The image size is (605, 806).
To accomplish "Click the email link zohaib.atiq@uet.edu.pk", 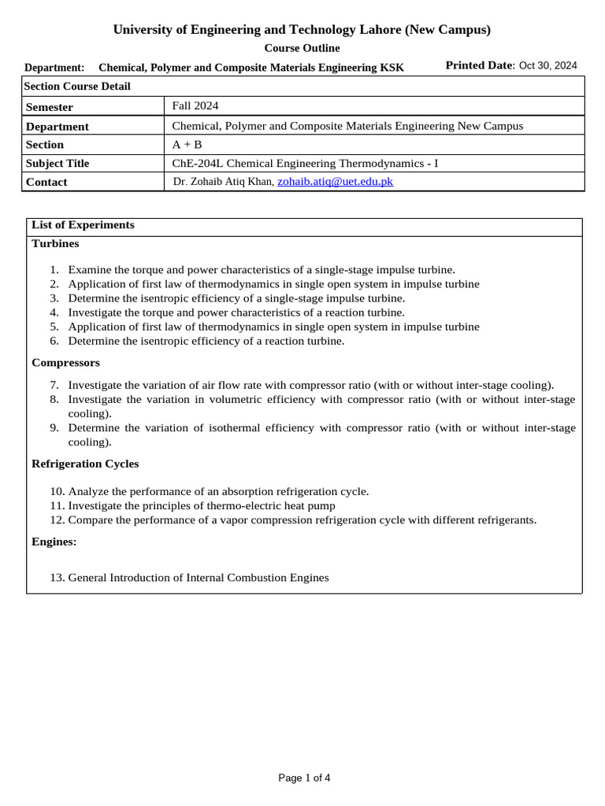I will (335, 181).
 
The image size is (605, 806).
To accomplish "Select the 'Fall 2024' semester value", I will (195, 105).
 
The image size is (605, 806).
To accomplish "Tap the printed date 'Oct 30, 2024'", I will (547, 65).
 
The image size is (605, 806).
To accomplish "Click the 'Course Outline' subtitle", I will (302, 48).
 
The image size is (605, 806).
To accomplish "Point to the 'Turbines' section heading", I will (55, 244).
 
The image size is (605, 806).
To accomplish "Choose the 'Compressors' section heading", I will (65, 363).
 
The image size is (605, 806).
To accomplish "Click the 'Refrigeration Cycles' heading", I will (85, 464).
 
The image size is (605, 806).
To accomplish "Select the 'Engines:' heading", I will (54, 542).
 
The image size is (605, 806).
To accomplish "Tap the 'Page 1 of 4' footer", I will (304, 778).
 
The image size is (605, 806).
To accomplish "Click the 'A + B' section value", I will (187, 145).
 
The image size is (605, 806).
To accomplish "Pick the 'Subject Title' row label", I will (58, 164).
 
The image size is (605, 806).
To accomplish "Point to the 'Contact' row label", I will (46, 182).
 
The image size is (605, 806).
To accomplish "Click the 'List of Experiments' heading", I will (83, 225).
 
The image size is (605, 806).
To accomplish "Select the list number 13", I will (56, 578).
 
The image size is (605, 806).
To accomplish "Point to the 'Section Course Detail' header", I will (77, 87).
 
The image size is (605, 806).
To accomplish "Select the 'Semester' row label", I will (50, 107).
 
